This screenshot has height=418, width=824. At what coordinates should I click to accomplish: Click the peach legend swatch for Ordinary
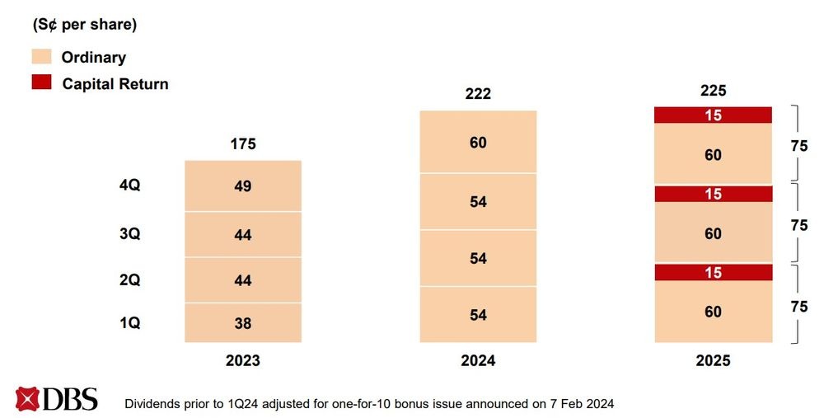[41, 57]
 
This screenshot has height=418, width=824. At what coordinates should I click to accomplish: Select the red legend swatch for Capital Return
[41, 82]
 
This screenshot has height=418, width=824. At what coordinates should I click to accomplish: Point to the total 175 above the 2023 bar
[243, 144]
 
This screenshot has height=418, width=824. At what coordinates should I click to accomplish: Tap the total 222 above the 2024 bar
[478, 94]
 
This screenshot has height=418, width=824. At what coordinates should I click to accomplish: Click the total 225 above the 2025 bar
[714, 91]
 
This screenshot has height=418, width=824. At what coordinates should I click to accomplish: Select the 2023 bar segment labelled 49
[243, 186]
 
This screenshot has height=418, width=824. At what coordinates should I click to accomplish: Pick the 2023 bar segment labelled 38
[243, 323]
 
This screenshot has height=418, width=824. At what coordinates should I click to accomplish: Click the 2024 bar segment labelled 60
[478, 143]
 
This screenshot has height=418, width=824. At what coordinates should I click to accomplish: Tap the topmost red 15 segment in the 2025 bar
[714, 115]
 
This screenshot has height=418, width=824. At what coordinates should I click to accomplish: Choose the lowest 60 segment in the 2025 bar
[714, 312]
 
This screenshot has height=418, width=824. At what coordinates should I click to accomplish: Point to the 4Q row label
[130, 186]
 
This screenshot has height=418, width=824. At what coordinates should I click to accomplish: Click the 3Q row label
[130, 234]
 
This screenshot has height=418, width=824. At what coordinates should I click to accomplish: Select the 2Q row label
[130, 280]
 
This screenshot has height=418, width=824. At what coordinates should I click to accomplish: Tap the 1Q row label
[130, 323]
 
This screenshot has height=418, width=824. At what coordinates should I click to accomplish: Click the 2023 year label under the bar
[243, 361]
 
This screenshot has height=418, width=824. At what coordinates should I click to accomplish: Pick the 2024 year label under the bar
[478, 361]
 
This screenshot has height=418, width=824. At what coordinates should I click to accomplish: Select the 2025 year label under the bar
[714, 361]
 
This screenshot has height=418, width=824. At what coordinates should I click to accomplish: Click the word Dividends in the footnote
[153, 404]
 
